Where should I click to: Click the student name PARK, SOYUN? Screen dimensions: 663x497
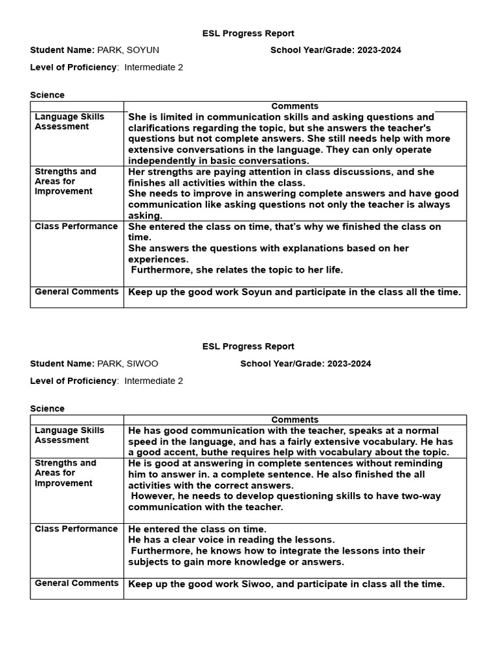(128, 50)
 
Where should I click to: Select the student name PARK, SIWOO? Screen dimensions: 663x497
(127, 363)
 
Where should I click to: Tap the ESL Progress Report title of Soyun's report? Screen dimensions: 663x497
(248, 33)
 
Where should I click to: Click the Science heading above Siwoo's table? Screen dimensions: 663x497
(47, 409)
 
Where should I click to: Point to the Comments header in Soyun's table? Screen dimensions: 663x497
(294, 106)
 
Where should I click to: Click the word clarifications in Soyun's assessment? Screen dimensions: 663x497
(158, 128)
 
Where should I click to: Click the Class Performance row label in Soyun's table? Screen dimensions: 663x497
(76, 227)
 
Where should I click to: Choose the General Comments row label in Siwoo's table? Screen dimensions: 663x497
(76, 583)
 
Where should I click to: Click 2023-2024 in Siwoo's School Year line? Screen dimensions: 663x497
(349, 363)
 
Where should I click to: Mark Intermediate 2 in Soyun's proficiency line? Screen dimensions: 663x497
(153, 67)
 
